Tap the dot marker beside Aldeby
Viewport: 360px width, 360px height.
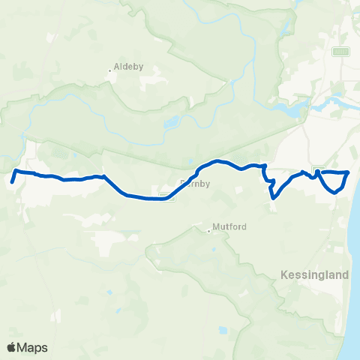pos(110,70)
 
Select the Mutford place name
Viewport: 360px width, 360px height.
pos(230,226)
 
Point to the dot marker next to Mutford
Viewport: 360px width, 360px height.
pos(209,230)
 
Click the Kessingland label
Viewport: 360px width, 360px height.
pos(315,275)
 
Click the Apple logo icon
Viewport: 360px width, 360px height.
pos(11,347)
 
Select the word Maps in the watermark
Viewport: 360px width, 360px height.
pos(34,347)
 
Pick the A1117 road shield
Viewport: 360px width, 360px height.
pos(341,51)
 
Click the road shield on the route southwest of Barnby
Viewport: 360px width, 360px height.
pos(162,196)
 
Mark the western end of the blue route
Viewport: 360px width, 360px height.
pos(13,181)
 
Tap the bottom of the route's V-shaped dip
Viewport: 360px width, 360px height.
pos(273,198)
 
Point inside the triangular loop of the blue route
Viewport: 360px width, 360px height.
pos(335,180)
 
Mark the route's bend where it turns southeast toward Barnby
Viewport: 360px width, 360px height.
pos(104,177)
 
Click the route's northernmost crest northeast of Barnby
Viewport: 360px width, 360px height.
pos(218,161)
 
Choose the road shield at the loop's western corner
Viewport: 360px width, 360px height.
pos(318,169)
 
